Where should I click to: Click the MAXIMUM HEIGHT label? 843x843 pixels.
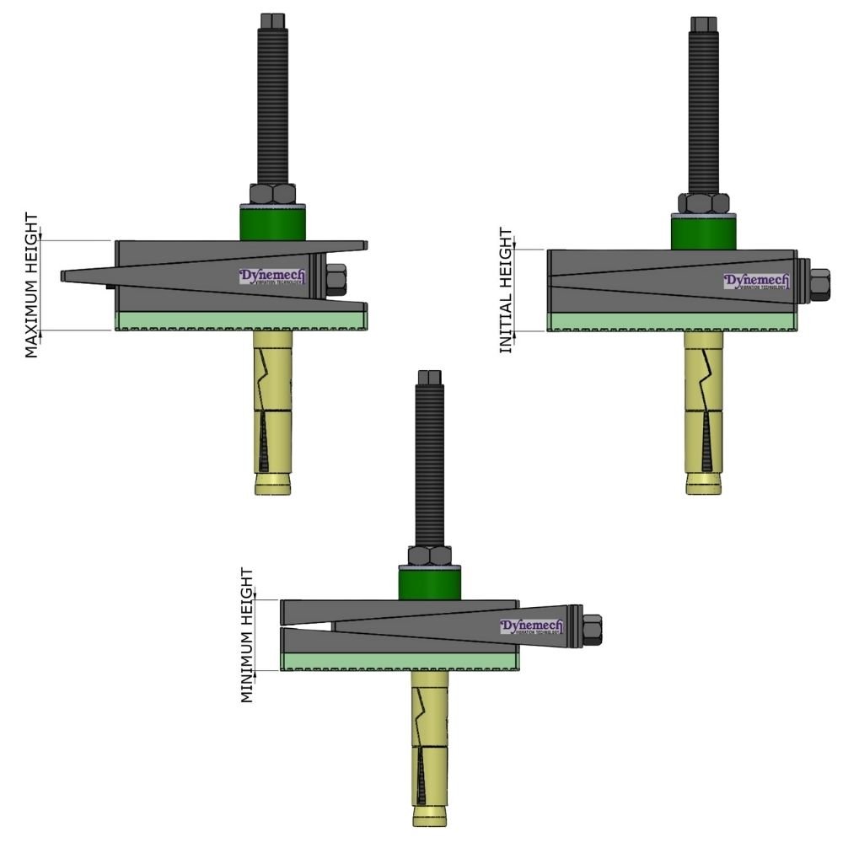pos(32,286)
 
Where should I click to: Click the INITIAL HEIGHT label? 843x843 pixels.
pos(506,290)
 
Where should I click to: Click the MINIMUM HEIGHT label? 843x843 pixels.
pos(247,635)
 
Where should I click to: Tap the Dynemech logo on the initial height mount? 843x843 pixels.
pos(756,282)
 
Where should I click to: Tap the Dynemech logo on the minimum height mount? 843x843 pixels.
pos(531,627)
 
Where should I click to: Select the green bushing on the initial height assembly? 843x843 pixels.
pos(703,232)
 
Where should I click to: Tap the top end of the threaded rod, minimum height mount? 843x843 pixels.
pos(429,377)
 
